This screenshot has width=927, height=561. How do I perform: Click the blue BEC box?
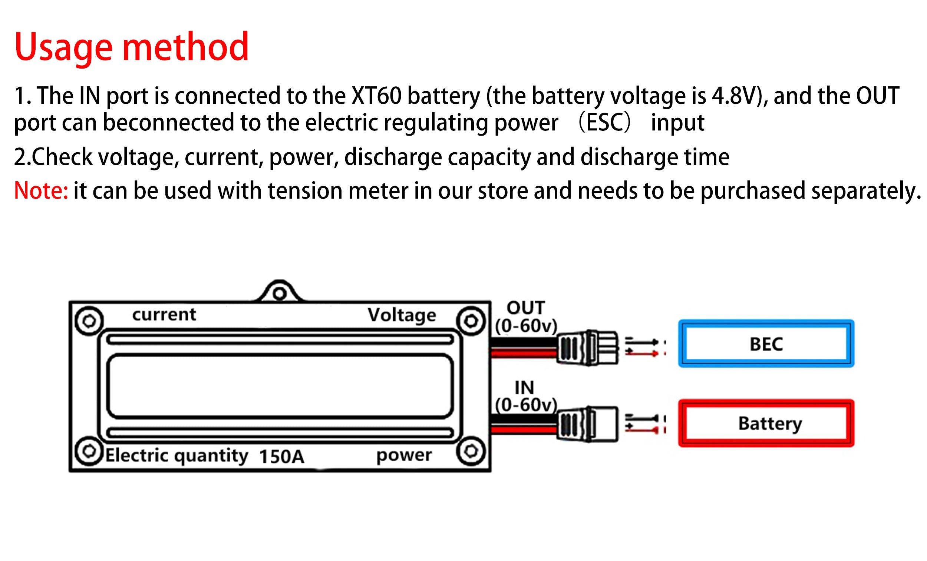[x=766, y=343]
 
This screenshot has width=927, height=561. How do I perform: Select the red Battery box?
[x=766, y=424]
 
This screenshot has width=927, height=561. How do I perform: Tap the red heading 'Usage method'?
[x=132, y=47]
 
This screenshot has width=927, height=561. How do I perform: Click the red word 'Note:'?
[x=41, y=190]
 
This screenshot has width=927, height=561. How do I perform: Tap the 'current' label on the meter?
[x=164, y=314]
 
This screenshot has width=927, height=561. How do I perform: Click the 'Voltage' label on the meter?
[x=402, y=315]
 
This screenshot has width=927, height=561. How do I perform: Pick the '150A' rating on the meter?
[x=281, y=457]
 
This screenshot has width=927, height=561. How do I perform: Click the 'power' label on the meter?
[x=404, y=455]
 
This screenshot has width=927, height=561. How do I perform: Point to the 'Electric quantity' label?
[x=177, y=456]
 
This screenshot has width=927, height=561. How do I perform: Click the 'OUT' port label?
[x=525, y=308]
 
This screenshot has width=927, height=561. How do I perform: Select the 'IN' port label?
[x=524, y=388]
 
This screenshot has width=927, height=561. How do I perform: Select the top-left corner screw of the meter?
[x=89, y=321]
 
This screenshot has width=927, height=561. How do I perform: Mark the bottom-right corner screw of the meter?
[x=471, y=451]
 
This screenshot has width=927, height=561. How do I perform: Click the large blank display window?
[x=280, y=386]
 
